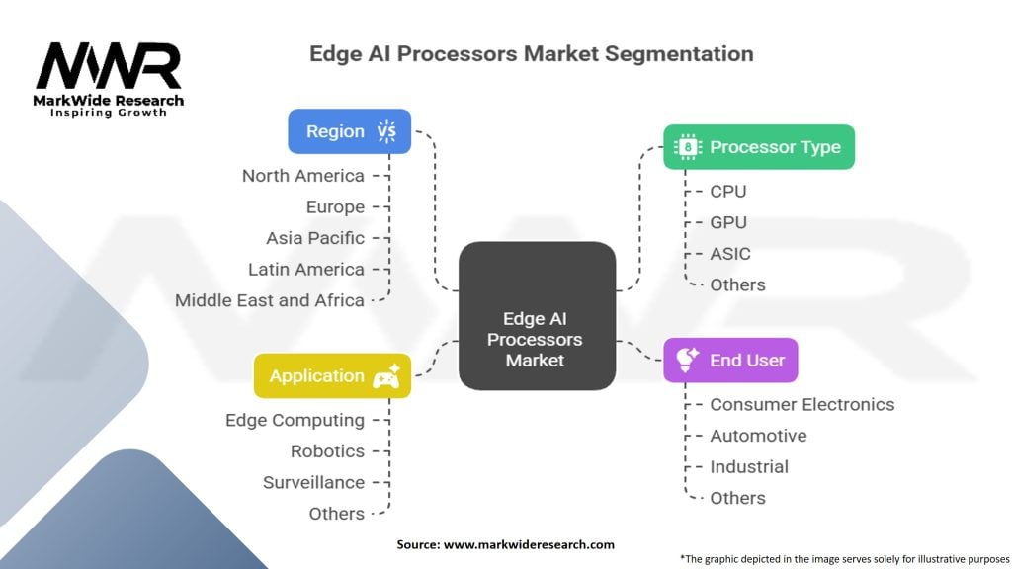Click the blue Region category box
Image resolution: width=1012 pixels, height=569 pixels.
(x=349, y=131)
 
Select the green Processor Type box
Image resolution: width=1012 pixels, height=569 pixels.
(x=759, y=147)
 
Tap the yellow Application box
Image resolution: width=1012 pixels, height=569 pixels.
(x=332, y=376)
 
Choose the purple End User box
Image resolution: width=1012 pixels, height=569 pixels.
(x=730, y=360)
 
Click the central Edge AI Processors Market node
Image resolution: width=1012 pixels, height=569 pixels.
(x=537, y=315)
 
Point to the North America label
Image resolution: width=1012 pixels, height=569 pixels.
(x=303, y=176)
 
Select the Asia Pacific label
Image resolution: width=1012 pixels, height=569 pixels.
(x=315, y=238)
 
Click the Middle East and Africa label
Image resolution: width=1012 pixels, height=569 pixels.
(x=270, y=300)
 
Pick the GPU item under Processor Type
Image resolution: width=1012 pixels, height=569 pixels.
(x=728, y=222)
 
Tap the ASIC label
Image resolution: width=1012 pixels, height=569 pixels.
(x=730, y=254)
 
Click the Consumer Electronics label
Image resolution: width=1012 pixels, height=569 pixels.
(x=802, y=404)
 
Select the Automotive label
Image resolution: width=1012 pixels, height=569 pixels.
(x=758, y=436)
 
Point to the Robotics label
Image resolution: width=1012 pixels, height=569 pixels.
(x=328, y=450)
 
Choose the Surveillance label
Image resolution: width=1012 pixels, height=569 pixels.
(x=313, y=482)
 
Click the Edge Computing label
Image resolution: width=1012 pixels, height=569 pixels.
(x=295, y=420)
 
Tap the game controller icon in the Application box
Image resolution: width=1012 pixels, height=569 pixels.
(x=387, y=376)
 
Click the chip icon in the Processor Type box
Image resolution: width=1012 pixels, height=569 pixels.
(x=688, y=147)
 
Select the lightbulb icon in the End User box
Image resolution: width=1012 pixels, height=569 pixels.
(x=687, y=360)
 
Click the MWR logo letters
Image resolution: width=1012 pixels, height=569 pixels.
(x=109, y=66)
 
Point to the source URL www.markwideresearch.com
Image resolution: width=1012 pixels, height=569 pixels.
(x=530, y=544)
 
